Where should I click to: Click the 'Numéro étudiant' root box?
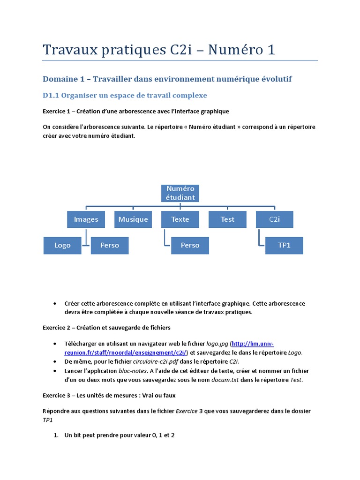pos(180,193)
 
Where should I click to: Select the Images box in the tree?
pos(86,219)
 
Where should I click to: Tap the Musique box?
pos(133,219)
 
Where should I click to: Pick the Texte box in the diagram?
pos(180,219)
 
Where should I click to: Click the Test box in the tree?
pos(227,219)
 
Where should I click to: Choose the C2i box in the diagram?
pos(274,219)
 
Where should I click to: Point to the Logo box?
pos(62,245)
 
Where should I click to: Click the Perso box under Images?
pos(110,245)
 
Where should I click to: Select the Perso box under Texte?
pos(190,245)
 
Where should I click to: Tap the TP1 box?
pos(284,245)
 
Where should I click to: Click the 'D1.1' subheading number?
pos(51,96)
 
